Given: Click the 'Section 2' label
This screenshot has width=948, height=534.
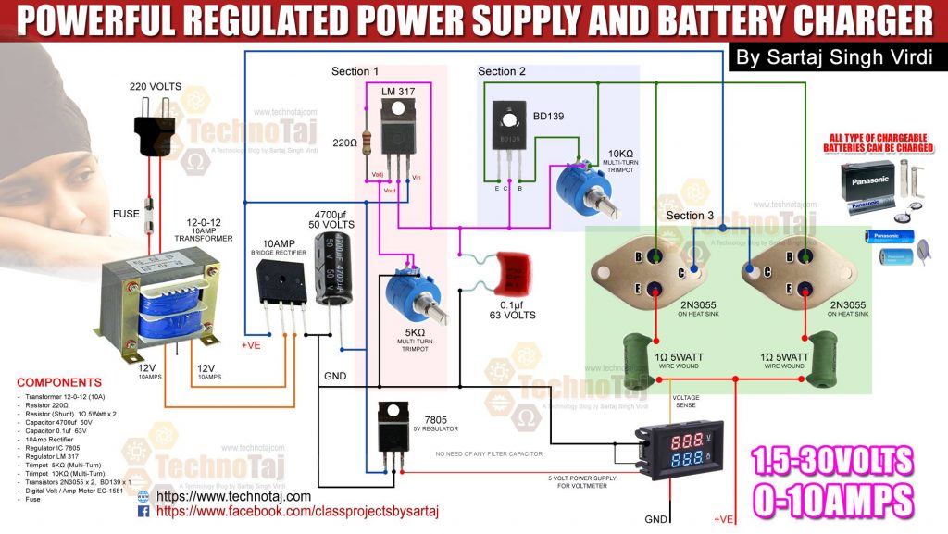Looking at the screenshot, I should (x=502, y=71).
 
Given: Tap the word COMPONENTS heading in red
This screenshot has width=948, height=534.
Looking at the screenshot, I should (x=59, y=382).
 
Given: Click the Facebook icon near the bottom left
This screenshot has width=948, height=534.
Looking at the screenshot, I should (x=143, y=511).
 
